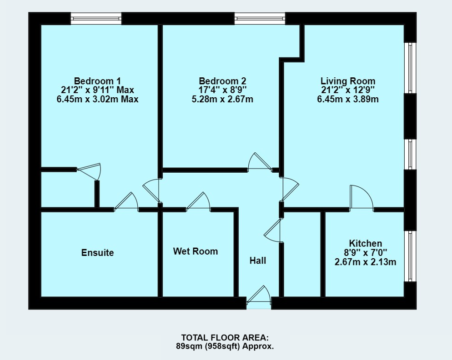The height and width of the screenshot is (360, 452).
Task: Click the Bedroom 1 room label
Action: (x=97, y=81)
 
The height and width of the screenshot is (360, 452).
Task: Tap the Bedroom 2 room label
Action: (x=222, y=81)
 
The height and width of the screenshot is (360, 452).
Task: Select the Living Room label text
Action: (x=347, y=81)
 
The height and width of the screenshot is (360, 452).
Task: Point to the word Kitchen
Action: (x=365, y=243)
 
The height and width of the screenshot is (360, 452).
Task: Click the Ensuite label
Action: (x=97, y=253)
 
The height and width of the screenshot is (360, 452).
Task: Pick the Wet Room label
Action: (x=196, y=251)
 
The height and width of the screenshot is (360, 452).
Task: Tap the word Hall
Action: (x=258, y=261)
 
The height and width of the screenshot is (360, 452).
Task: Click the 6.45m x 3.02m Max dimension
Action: (x=97, y=99)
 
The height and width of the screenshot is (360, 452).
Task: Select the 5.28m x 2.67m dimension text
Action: (x=222, y=99)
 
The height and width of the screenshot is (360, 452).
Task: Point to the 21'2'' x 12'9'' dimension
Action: (x=347, y=90)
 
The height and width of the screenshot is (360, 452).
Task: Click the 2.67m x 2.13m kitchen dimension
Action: (x=365, y=262)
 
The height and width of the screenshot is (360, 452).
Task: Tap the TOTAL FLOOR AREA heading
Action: (x=225, y=338)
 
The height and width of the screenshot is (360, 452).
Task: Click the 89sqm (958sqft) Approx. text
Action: (x=225, y=346)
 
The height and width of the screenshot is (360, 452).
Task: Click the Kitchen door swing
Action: (x=361, y=198)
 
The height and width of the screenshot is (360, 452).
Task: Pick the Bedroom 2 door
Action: (x=260, y=162)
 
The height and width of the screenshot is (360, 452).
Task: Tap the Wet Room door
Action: (x=198, y=201)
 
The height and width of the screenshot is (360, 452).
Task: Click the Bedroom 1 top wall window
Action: (x=96, y=19)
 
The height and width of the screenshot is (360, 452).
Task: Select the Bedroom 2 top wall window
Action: (x=260, y=19)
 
